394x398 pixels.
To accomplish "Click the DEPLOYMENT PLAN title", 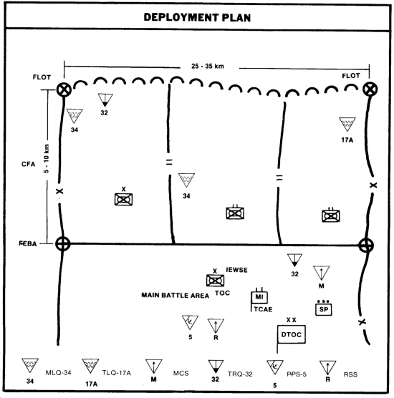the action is [x=197, y=17].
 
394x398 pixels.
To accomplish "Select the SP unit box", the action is [x=323, y=309].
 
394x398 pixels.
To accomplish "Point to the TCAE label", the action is [x=263, y=309].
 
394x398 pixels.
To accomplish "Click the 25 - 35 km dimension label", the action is [x=208, y=67].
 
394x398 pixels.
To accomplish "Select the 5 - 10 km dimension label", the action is [x=46, y=159].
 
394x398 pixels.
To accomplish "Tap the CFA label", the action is [x=28, y=164].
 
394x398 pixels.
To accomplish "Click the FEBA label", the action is [x=28, y=243].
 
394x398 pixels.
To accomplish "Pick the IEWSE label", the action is [x=236, y=270].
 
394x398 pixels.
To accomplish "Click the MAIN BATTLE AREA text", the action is [x=176, y=295].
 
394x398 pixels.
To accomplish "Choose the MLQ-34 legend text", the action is [x=58, y=373].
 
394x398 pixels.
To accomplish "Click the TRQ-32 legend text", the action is [x=240, y=374].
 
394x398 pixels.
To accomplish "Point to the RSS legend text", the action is [x=350, y=374].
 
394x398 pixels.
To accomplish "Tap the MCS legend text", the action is [x=181, y=373].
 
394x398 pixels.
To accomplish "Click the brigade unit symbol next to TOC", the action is [x=215, y=280].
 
